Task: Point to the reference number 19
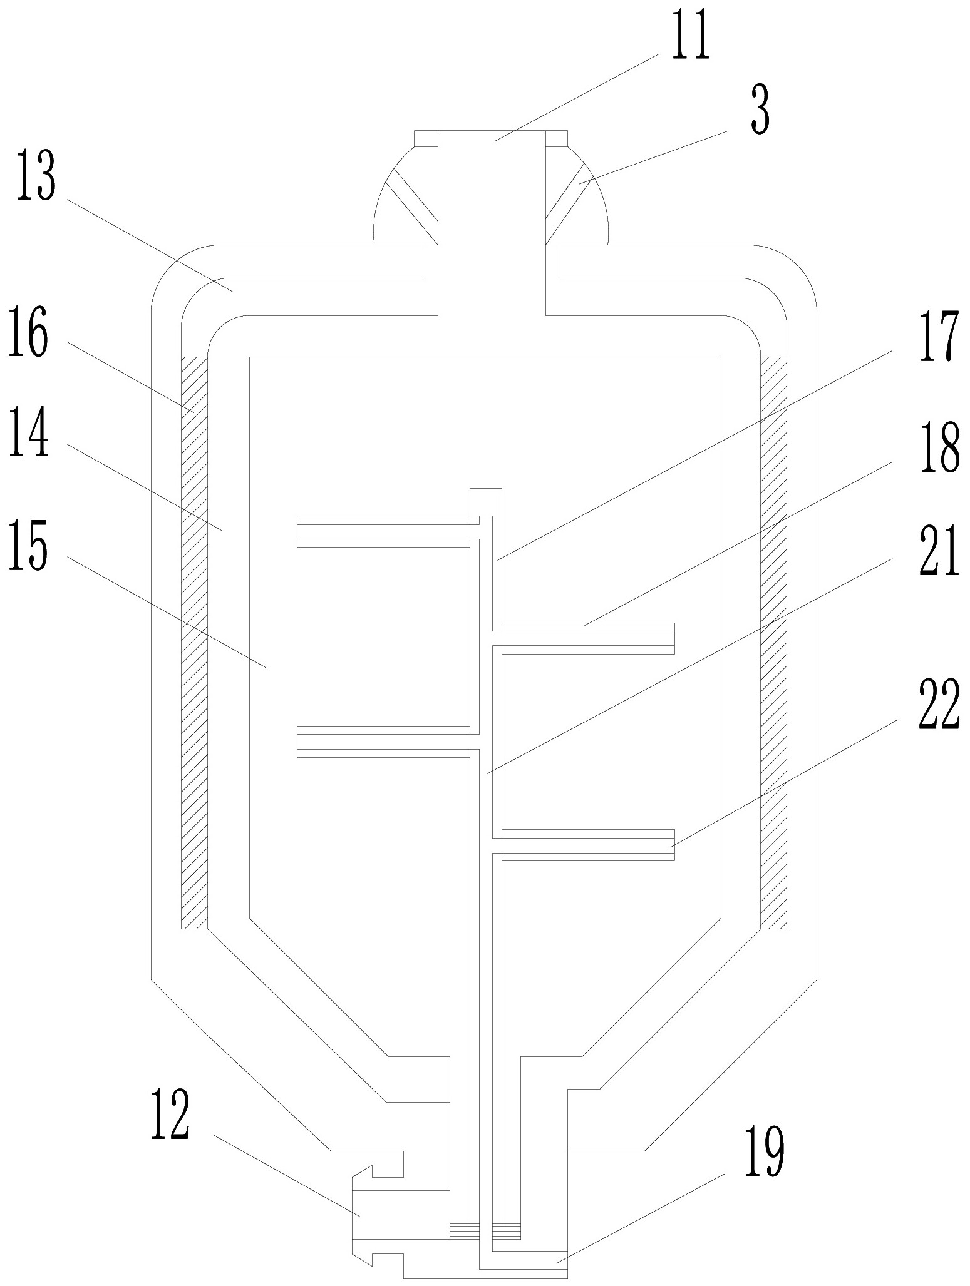[763, 1150]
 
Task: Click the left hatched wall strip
[194, 641]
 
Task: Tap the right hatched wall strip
[773, 641]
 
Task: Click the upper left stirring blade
[382, 531]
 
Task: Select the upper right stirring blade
[586, 638]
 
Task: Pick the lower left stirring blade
[382, 742]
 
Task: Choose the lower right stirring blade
[586, 845]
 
